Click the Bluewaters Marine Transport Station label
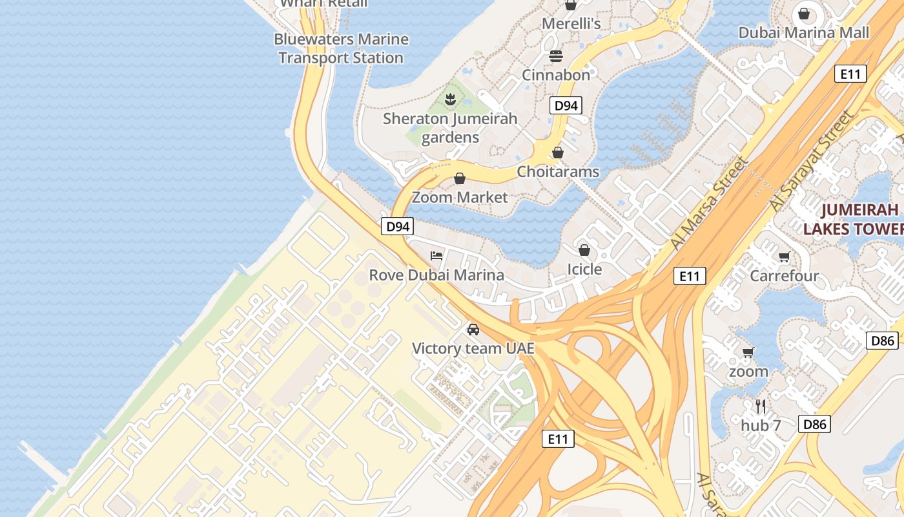341,48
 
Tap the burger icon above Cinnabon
556,56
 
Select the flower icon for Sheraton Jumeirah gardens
451,100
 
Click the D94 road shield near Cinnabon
566,105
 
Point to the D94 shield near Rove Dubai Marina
397,226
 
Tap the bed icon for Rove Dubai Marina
437,256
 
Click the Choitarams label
558,172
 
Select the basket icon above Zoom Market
460,178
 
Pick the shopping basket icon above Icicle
584,250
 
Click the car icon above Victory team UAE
473,330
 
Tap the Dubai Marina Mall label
803,32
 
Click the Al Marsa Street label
708,203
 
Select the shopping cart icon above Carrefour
785,257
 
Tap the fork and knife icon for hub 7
761,406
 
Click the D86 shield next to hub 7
814,424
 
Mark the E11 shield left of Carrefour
689,276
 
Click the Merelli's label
571,24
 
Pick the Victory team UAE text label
473,348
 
